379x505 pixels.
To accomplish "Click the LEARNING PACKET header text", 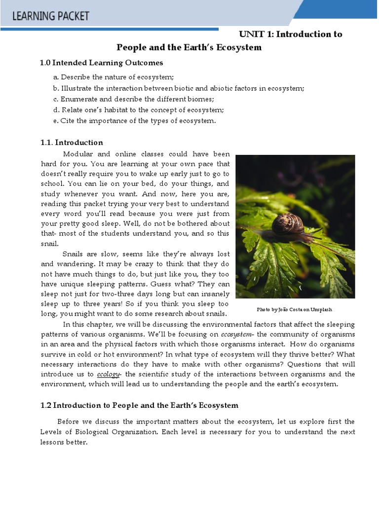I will [51, 16].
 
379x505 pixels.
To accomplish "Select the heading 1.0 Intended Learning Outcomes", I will [101, 63].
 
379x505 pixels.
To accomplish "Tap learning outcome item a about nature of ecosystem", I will [114, 77].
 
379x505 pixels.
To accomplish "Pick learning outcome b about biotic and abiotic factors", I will [179, 88].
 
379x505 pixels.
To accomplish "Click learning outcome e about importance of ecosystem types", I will [135, 121].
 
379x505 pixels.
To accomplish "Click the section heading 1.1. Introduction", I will [72, 143].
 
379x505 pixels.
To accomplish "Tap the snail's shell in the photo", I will [287, 223].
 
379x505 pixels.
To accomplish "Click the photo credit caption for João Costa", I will [295, 309].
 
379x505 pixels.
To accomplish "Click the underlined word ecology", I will [108, 374].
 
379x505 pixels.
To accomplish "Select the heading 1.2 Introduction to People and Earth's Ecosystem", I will [139, 405].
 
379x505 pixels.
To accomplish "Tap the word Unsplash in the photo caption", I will [321, 309].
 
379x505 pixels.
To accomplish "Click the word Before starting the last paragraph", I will [71, 421].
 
